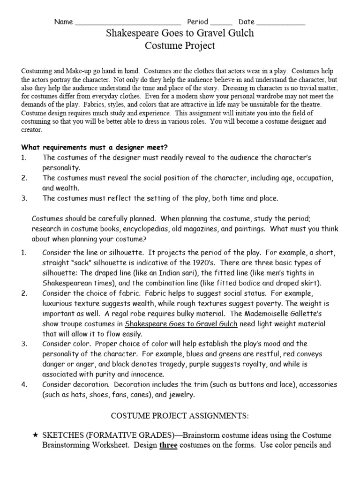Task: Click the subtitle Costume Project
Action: (180, 46)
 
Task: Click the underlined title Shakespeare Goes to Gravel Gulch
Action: (181, 324)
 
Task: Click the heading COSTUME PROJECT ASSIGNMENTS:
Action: (180, 416)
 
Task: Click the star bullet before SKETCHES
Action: (35, 436)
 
